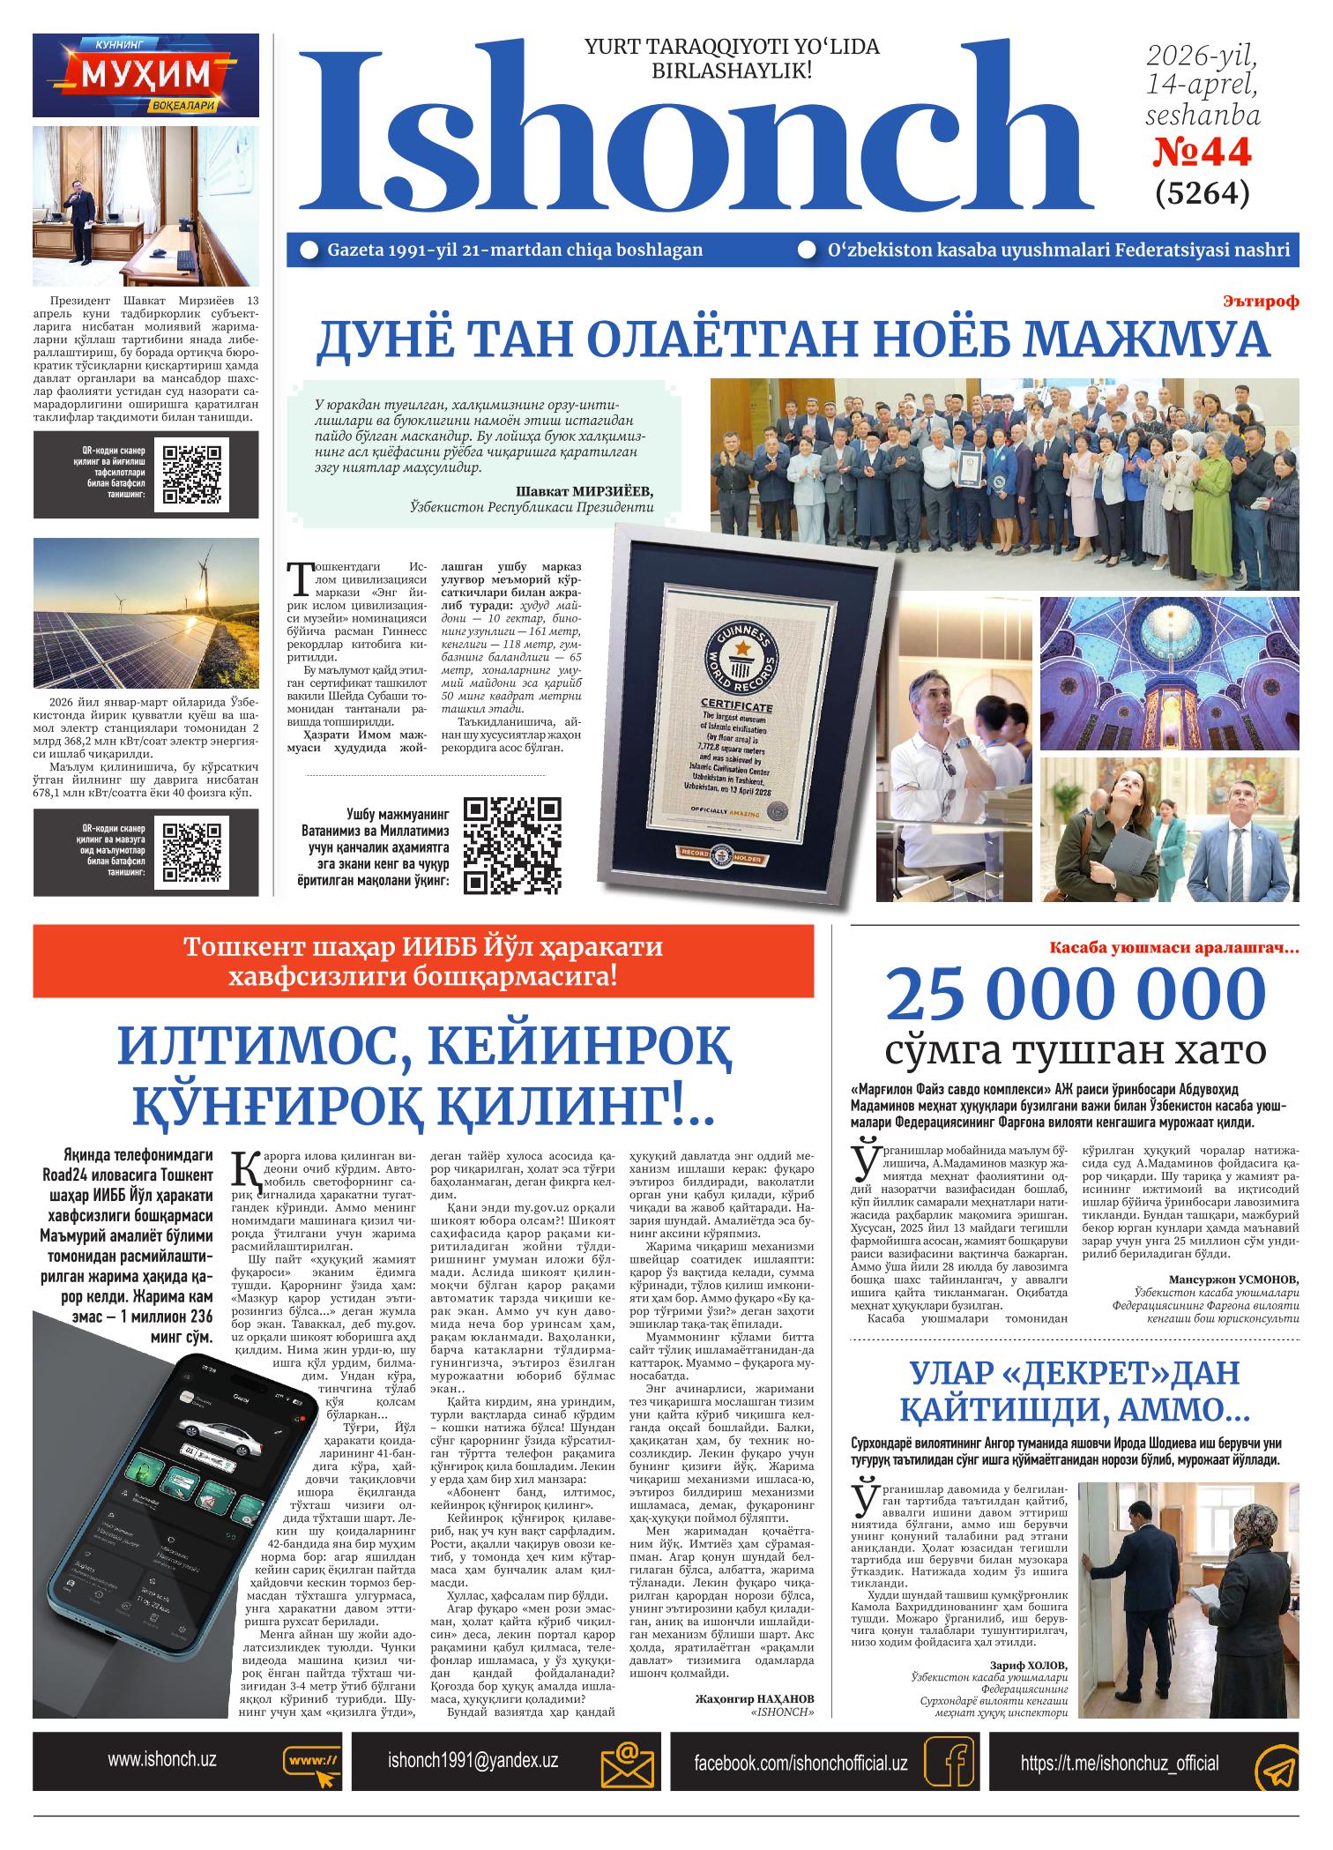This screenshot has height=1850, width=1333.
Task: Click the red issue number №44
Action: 1203,154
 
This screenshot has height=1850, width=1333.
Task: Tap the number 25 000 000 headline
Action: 1075,995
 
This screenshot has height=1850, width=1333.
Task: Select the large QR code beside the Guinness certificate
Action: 513,846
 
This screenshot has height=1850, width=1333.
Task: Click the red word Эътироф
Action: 1261,302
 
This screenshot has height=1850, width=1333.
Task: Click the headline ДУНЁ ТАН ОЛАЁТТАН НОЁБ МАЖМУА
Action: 793,339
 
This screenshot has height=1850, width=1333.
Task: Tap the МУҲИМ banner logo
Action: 146,75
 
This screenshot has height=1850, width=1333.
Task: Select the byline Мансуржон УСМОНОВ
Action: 1233,1279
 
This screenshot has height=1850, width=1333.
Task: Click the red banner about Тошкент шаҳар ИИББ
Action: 422,961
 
